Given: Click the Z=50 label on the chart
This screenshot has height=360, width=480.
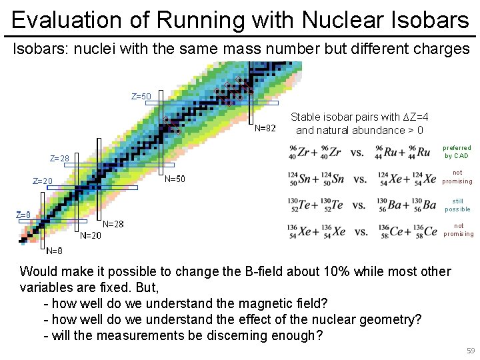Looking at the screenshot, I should tap(141, 97).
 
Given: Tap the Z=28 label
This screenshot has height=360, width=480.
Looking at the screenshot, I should tap(60, 159).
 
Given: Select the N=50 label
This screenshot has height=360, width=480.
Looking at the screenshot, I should tap(175, 179).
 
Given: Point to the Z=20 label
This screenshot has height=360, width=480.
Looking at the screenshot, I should tap(43, 181).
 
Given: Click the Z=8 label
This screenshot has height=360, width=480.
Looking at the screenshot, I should tap(23, 215).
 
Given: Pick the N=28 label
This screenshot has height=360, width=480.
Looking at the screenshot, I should tap(113, 224).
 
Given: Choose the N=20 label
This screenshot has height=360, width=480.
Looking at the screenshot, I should tap(91, 235).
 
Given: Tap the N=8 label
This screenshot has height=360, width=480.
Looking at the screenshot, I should tap(54, 251).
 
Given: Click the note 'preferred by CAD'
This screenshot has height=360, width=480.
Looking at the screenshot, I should tap(457, 152).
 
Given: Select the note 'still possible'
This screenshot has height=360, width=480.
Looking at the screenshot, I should tap(457, 205).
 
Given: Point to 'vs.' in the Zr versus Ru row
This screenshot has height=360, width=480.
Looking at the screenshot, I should tap(357, 153).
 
